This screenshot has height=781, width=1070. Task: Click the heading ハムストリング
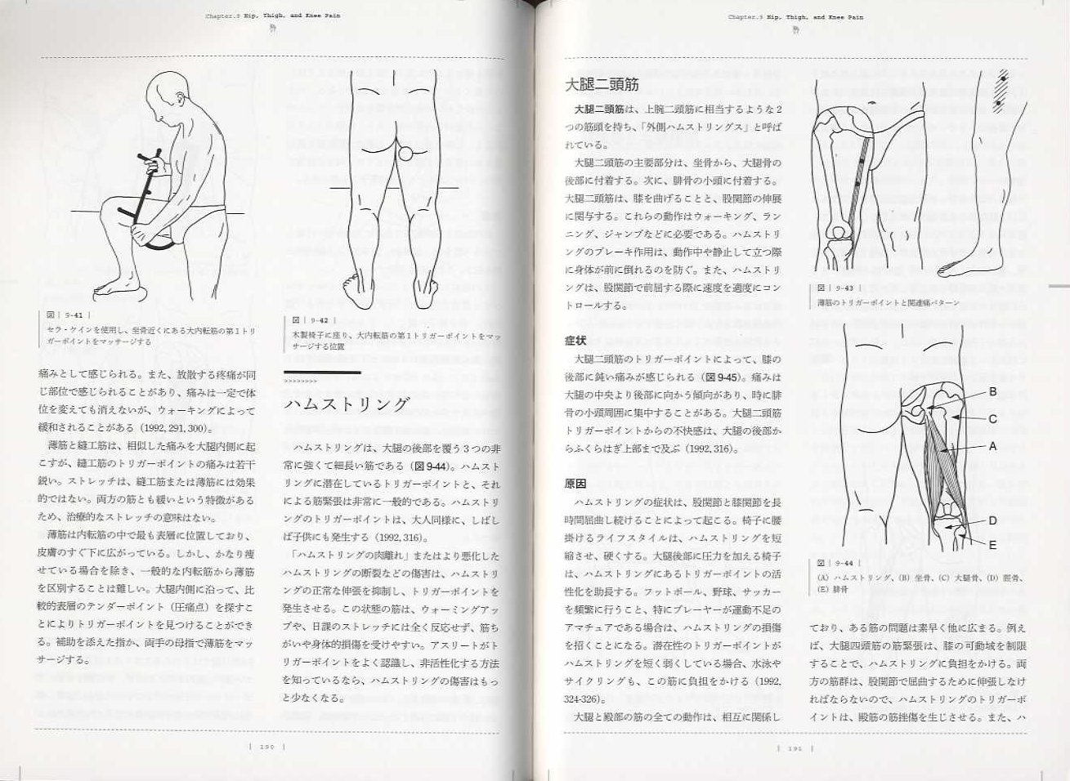tap(346, 405)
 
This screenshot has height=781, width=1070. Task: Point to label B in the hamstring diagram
tap(993, 391)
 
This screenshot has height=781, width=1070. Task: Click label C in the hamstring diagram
tap(993, 418)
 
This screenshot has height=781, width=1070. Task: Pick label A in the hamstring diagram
tap(993, 447)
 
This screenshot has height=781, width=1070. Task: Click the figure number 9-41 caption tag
tap(66, 314)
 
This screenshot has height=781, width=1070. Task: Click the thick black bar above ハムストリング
tap(320, 373)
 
